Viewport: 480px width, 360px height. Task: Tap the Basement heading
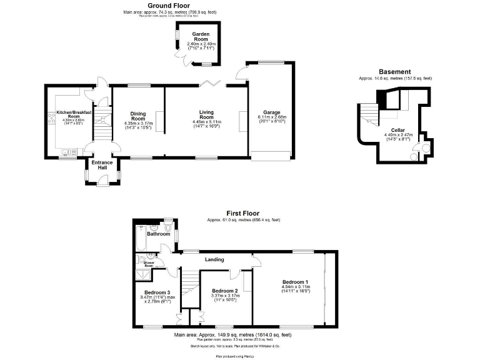[x=395, y=72]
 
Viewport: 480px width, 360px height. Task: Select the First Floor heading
[x=243, y=213]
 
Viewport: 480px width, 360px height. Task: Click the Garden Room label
[x=201, y=36]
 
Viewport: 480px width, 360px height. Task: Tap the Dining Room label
[x=137, y=116]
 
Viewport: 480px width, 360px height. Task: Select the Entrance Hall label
[x=102, y=165]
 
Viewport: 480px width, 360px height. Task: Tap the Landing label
[x=215, y=259]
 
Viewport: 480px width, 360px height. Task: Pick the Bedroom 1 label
[x=295, y=281]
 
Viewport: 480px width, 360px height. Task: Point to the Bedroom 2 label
[x=225, y=291]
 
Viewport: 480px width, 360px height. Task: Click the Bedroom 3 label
[x=157, y=292]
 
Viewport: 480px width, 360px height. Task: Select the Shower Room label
[x=149, y=264]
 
